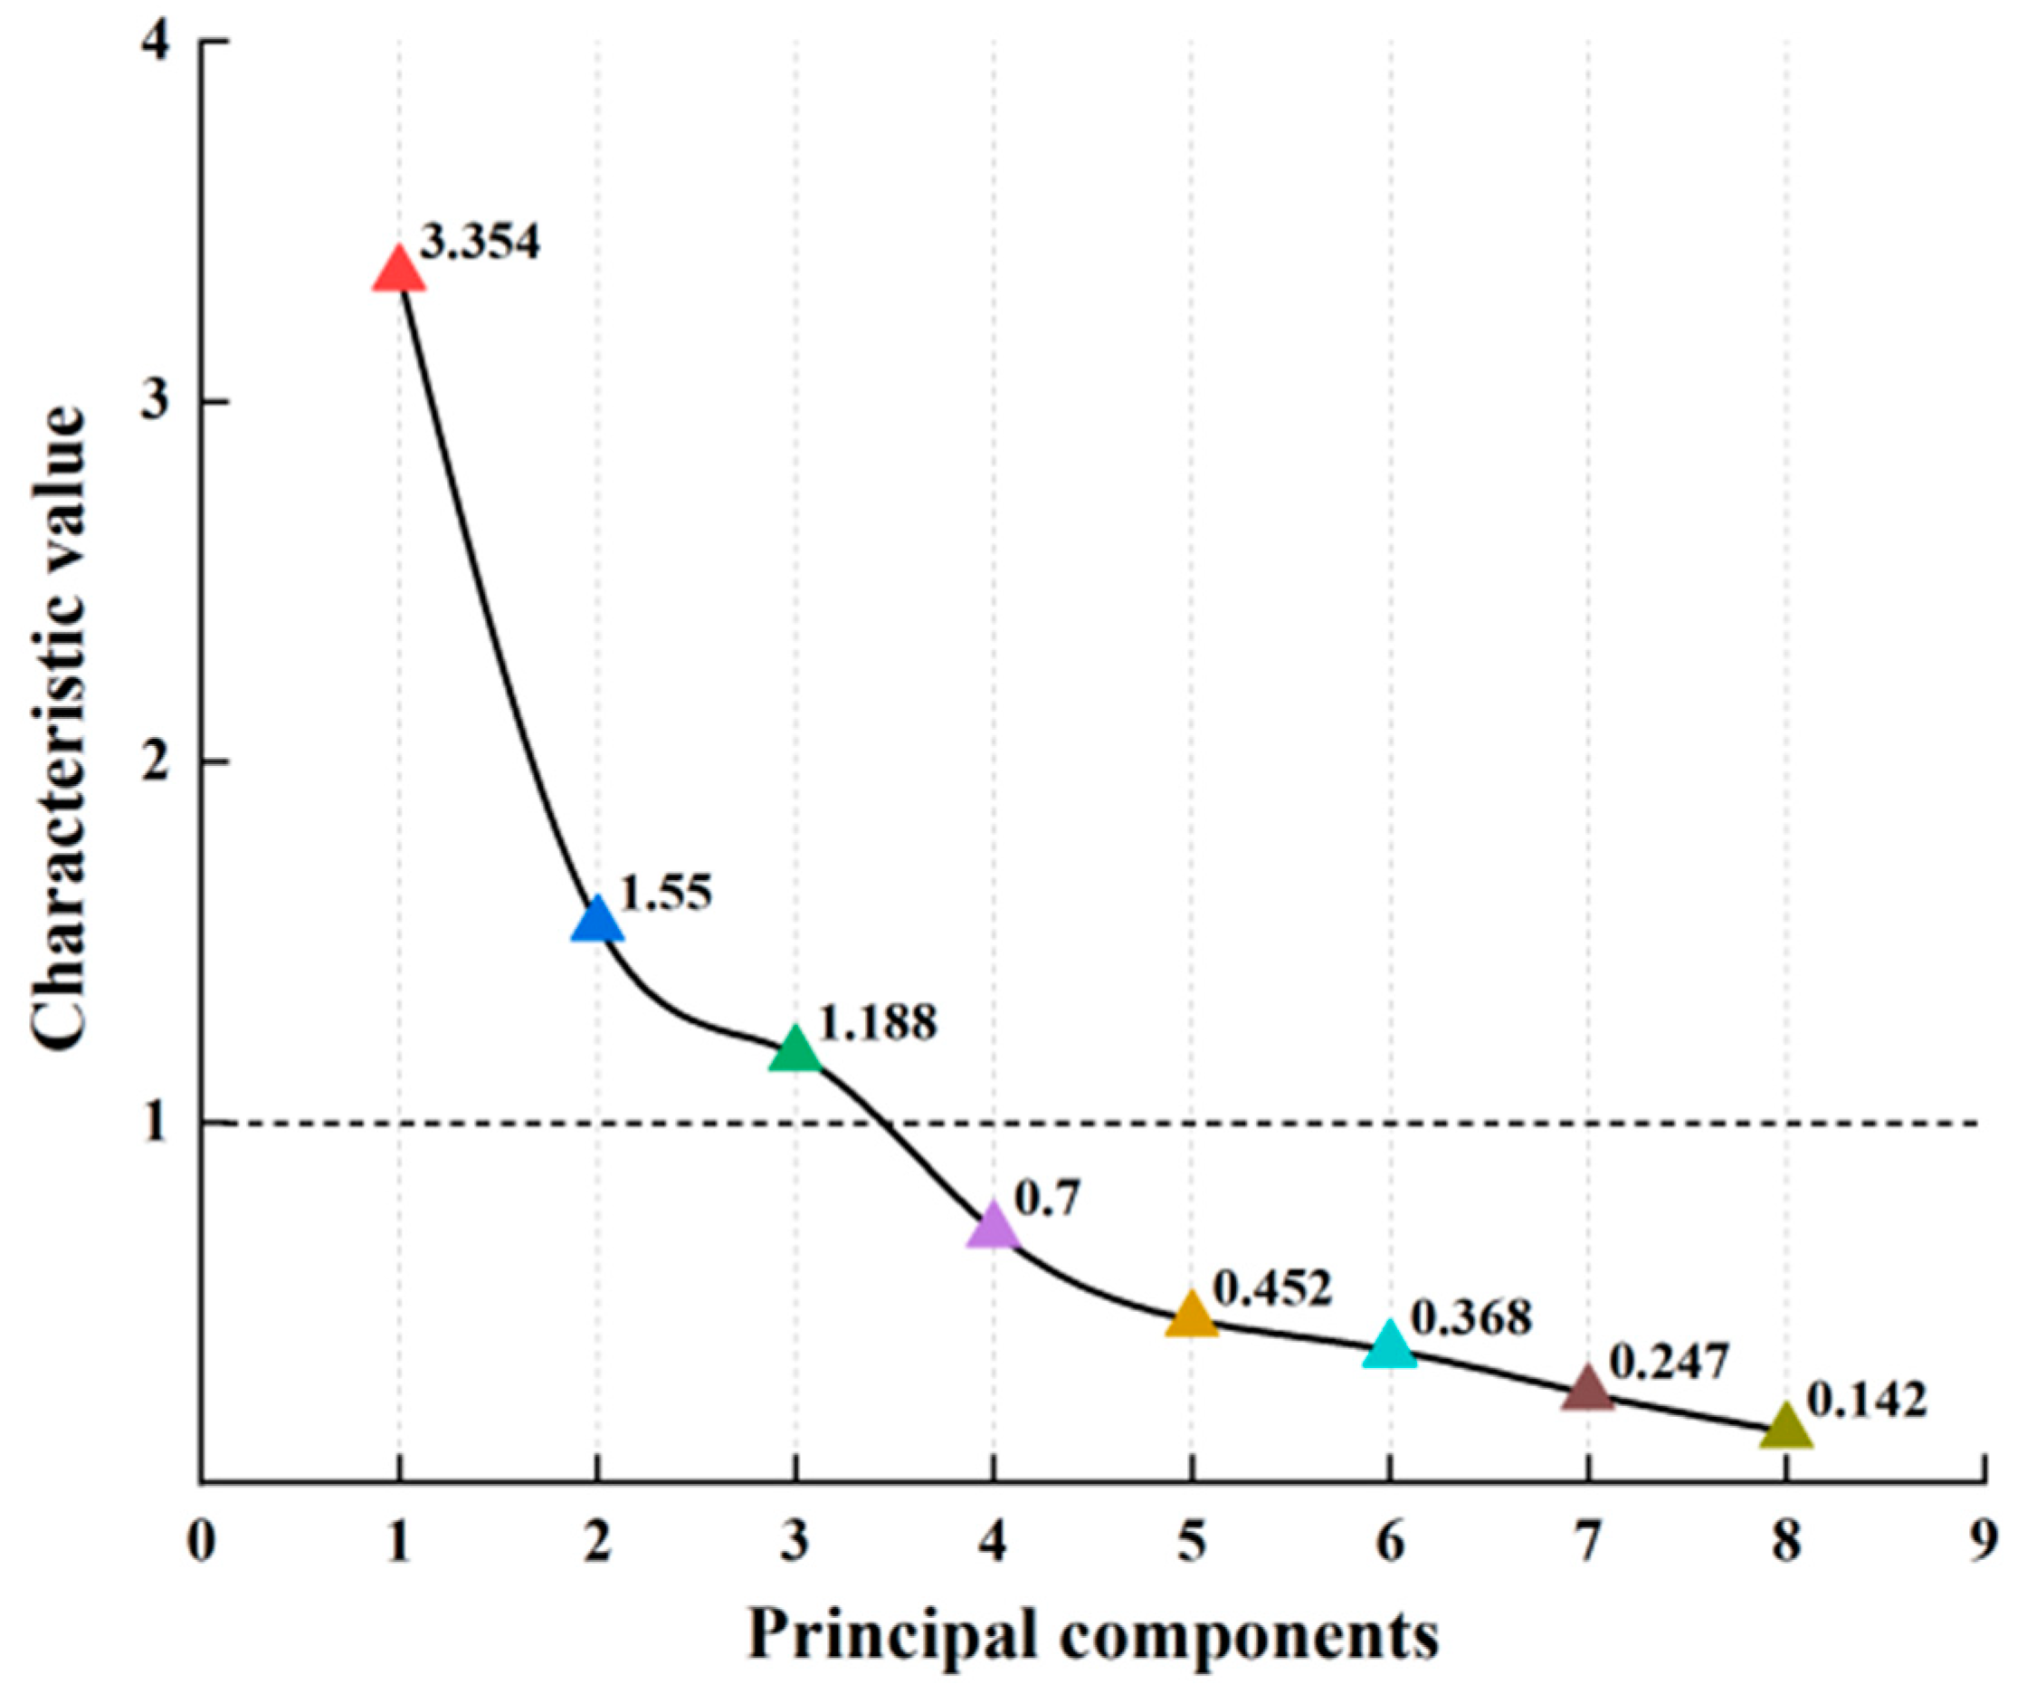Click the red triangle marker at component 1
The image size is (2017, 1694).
pos(398,270)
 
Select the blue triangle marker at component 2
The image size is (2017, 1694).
pos(597,921)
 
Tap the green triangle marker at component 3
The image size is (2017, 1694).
pos(795,1050)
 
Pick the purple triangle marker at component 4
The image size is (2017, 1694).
pos(994,1228)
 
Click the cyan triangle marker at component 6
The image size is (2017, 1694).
pos(1390,1346)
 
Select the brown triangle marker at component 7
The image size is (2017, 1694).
pos(1588,1391)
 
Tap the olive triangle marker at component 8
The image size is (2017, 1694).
pos(1786,1428)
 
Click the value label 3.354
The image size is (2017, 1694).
pos(481,242)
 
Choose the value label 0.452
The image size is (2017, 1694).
pos(1272,1288)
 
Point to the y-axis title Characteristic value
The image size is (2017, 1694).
pos(60,727)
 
